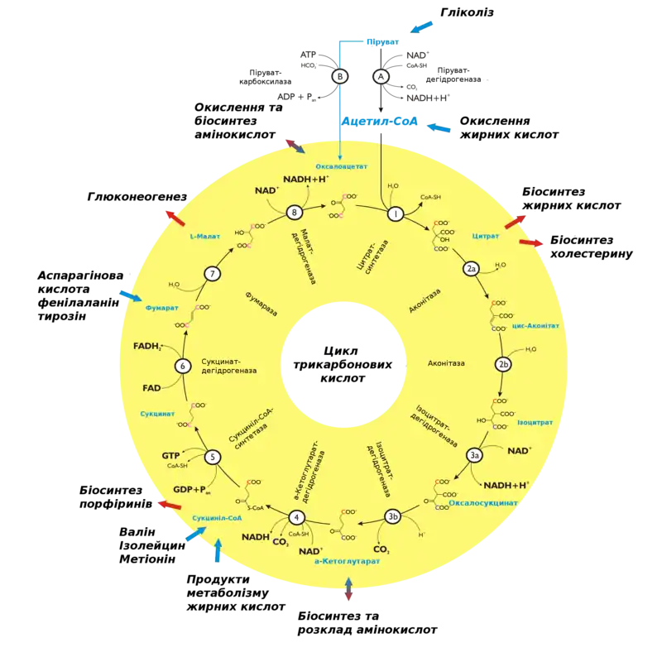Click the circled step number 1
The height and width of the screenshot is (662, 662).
tap(396, 214)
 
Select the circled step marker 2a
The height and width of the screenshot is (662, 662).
tap(471, 269)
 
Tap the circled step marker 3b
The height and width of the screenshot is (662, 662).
tap(394, 517)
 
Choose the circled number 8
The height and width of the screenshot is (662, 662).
tap(294, 213)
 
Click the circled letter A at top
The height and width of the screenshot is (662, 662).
tap(381, 76)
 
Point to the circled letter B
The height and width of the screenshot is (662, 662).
tap(340, 76)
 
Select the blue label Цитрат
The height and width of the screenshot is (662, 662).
tap(486, 236)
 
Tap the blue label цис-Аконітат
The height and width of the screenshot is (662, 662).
tap(536, 326)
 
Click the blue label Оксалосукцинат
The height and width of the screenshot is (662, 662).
tap(483, 502)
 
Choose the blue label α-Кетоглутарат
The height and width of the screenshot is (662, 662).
tap(348, 561)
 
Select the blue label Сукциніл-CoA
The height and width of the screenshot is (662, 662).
tap(217, 518)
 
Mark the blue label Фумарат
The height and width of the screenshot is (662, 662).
tap(162, 308)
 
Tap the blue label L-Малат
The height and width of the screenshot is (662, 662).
tap(203, 237)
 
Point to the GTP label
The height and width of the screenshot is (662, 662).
tap(170, 455)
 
